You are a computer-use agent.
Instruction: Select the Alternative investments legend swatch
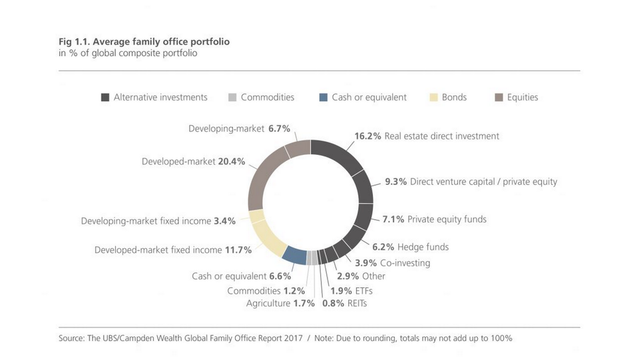[x=105, y=98]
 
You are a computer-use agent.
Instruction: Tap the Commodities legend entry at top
[x=261, y=97]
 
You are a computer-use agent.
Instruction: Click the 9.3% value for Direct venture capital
[x=396, y=181]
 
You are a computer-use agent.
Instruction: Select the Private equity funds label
[x=447, y=219]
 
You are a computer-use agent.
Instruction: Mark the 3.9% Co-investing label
[x=392, y=263]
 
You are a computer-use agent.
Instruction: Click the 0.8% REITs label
[x=344, y=303]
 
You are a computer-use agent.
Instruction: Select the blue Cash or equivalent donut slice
[x=295, y=254]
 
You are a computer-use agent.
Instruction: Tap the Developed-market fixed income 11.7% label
[x=173, y=250]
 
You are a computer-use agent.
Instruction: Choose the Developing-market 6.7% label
[x=239, y=128]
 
